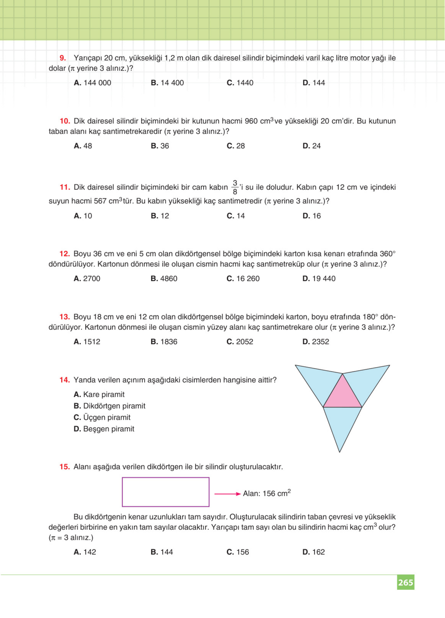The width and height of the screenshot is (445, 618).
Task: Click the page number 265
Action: tap(405, 582)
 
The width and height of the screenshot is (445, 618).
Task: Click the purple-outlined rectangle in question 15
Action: tap(166, 492)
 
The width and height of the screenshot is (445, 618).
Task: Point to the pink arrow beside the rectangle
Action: tap(227, 494)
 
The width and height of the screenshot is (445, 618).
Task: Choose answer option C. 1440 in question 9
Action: tap(240, 83)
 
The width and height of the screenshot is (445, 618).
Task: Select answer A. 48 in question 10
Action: tap(83, 146)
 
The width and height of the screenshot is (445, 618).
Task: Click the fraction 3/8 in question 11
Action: tap(235, 187)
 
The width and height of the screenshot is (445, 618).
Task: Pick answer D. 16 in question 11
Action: tap(311, 216)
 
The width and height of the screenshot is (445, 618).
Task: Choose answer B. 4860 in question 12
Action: tap(164, 278)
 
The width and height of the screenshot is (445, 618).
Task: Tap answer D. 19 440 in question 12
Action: tap(319, 278)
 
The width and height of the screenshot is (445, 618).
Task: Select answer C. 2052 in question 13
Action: tap(240, 342)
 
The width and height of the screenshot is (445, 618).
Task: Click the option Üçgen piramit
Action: tap(102, 417)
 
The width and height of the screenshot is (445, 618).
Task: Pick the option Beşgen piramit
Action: tap(104, 429)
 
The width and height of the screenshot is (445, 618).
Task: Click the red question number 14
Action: tap(65, 380)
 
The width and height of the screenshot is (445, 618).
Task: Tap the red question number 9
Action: tap(63, 58)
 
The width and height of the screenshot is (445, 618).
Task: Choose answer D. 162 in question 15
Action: tap(313, 552)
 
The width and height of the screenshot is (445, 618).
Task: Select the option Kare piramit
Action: tap(99, 394)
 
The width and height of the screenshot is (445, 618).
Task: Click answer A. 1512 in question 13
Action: tap(87, 342)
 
